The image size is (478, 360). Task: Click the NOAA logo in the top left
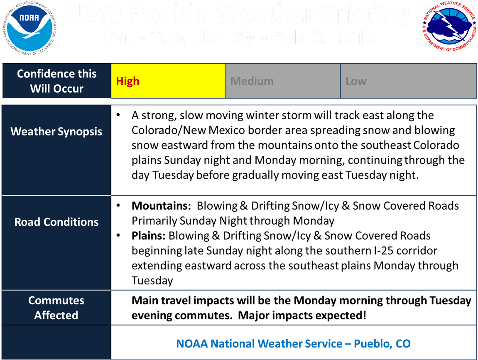[30, 26]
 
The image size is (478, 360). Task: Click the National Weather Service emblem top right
[449, 26]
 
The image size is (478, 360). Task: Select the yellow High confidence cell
[168, 81]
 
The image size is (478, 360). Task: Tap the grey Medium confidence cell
[282, 81]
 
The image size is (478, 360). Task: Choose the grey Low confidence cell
[408, 81]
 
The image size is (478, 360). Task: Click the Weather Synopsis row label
[56, 132]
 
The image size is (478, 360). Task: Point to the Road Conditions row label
[56, 222]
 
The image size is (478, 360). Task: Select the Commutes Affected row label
[56, 308]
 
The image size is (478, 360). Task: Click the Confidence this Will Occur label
[56, 81]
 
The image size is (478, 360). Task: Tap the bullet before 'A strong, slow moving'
[119, 114]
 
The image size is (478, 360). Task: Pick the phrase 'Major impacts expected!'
[302, 315]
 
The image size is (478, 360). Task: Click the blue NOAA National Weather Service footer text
[293, 343]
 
